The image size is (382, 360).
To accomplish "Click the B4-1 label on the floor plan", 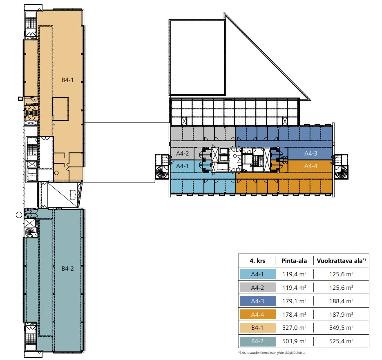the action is (x=67, y=80).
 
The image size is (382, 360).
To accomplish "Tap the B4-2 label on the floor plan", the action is (x=67, y=269).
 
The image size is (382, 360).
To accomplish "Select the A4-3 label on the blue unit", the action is (x=311, y=153).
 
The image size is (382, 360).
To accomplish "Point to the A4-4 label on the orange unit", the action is (x=311, y=166).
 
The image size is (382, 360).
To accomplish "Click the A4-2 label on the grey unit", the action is (x=183, y=153).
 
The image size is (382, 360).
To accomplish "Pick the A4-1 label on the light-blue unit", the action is (x=182, y=166).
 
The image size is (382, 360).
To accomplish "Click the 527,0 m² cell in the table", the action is (x=294, y=328).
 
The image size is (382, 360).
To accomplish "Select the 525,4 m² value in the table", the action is (x=341, y=341).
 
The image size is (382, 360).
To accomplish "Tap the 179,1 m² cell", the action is (x=294, y=301).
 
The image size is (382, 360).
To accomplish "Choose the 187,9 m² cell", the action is (x=341, y=314).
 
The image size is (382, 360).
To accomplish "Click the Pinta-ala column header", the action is (x=294, y=261).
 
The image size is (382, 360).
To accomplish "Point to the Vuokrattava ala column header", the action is (x=341, y=261).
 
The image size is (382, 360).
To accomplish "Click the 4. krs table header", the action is (x=257, y=261).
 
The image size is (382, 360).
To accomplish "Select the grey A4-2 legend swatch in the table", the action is (x=258, y=287).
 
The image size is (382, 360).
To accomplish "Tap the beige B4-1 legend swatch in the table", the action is (x=258, y=328).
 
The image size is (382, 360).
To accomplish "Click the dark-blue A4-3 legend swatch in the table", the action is (x=258, y=301).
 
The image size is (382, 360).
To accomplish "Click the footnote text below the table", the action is (x=272, y=353).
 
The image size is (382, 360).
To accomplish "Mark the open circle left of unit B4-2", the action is (x=19, y=215).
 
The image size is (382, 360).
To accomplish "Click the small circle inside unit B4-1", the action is (x=56, y=173).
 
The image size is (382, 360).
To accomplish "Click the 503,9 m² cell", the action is (x=294, y=341).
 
